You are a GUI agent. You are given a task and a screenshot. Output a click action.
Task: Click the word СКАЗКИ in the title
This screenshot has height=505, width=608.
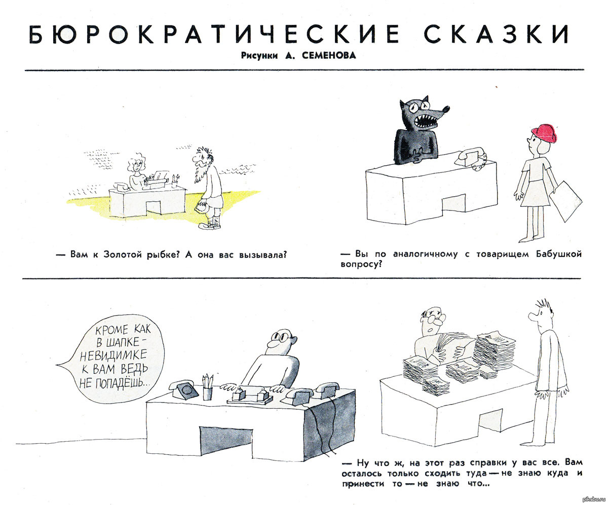[x=496, y=34]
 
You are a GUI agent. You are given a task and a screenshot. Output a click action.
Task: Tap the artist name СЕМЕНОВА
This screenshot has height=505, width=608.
[x=329, y=55]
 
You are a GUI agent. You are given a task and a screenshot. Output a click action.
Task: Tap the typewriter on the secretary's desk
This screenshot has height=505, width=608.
[x=157, y=178]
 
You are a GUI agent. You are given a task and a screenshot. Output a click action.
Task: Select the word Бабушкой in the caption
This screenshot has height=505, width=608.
[x=558, y=254]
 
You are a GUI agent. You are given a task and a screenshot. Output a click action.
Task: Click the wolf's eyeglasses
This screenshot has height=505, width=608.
[x=418, y=105]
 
